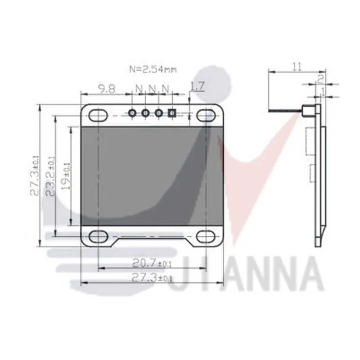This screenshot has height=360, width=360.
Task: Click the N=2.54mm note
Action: coord(153,70)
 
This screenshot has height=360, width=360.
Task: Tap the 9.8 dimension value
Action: coord(106,89)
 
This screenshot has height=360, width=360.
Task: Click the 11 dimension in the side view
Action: coord(297,67)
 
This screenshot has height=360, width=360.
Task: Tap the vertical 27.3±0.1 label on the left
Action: coord(35,176)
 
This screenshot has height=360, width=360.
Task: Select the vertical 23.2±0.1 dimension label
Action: coord(51,176)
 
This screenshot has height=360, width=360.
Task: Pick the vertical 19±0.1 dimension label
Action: coord(67,176)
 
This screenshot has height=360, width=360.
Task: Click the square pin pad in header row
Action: coord(171,113)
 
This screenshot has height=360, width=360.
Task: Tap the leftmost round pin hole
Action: coord(133,113)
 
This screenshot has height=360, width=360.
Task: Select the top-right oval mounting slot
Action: coord(206,115)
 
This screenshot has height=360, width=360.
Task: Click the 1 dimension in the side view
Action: coord(324,91)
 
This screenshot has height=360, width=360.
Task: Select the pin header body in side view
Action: coord(309,112)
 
